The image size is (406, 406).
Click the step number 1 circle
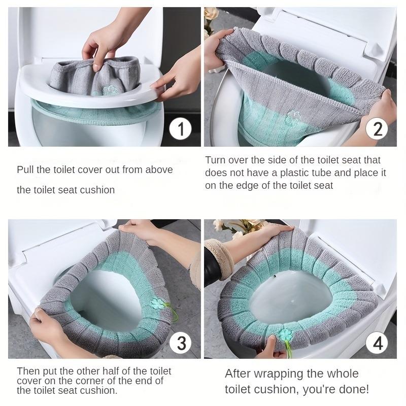180,129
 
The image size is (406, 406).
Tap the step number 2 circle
377,129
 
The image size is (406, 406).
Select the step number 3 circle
180,343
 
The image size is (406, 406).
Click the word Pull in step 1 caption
26,170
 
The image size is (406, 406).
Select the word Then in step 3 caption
27,371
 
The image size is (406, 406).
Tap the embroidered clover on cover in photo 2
292,118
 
